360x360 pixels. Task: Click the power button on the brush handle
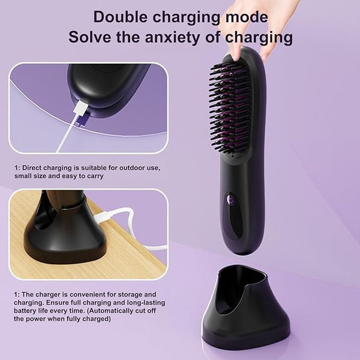point(230,199)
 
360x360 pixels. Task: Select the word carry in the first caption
point(95,176)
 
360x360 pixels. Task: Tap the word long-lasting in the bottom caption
point(146,302)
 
